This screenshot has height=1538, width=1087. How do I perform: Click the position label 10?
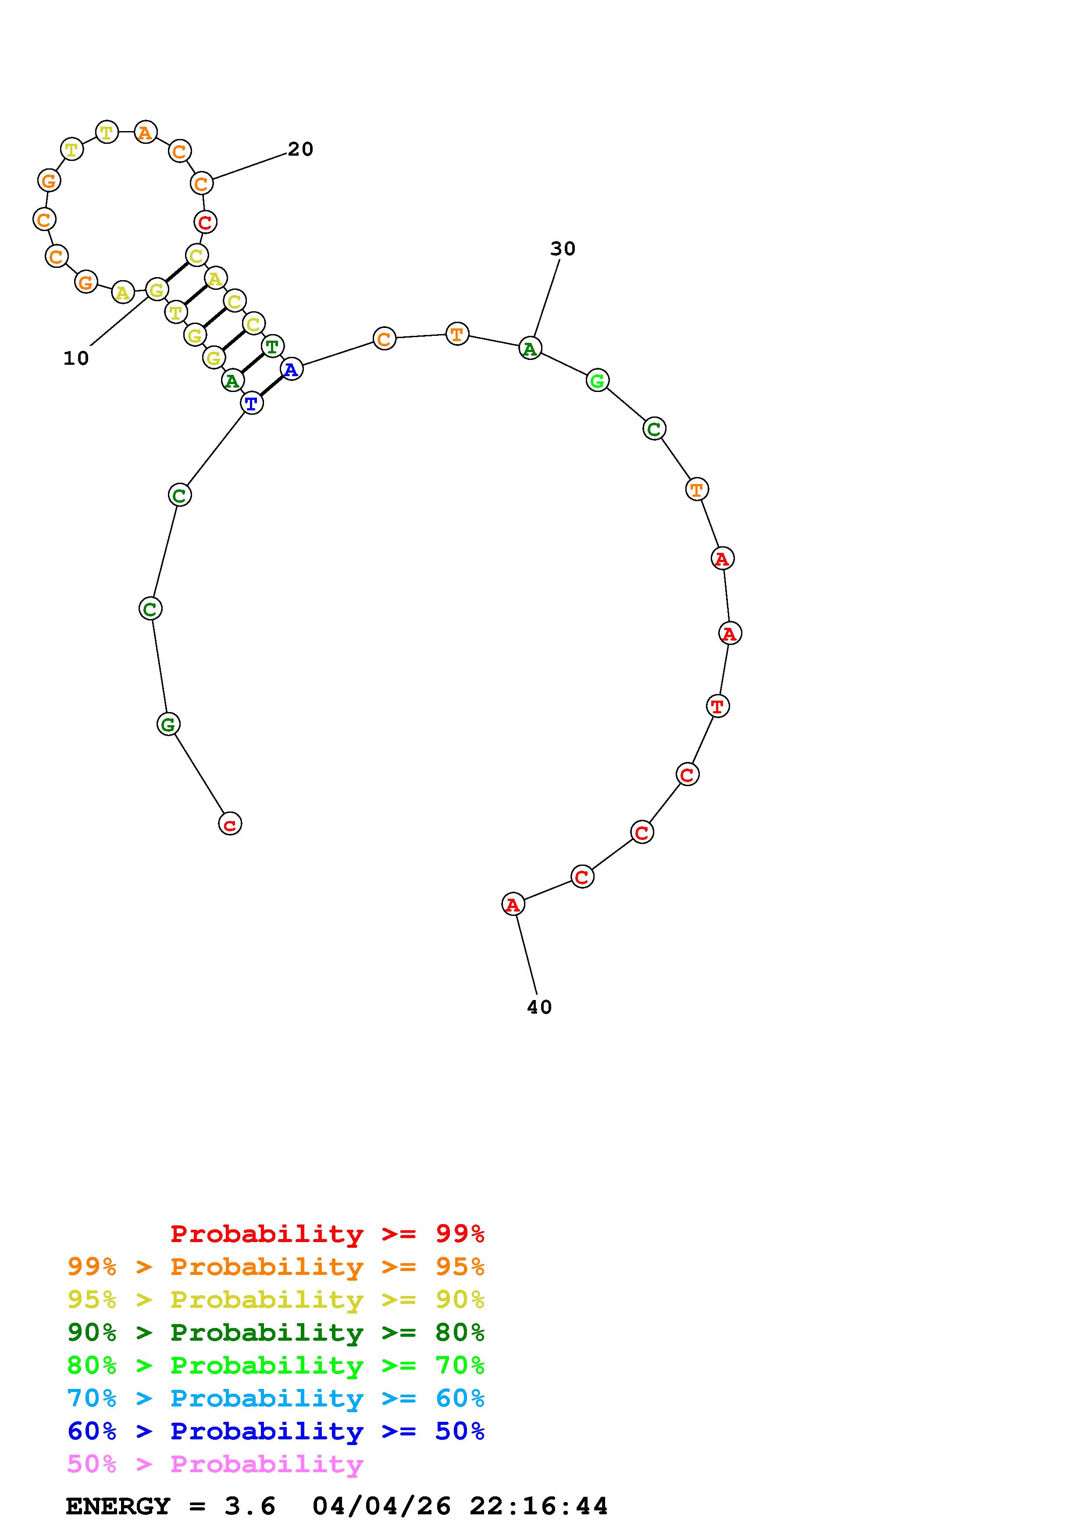point(76,358)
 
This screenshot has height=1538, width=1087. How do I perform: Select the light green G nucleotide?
point(597,381)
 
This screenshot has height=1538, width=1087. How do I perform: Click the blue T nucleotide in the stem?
point(251,403)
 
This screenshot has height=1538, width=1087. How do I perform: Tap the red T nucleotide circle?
point(718,705)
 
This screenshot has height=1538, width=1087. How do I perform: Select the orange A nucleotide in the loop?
point(145,132)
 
